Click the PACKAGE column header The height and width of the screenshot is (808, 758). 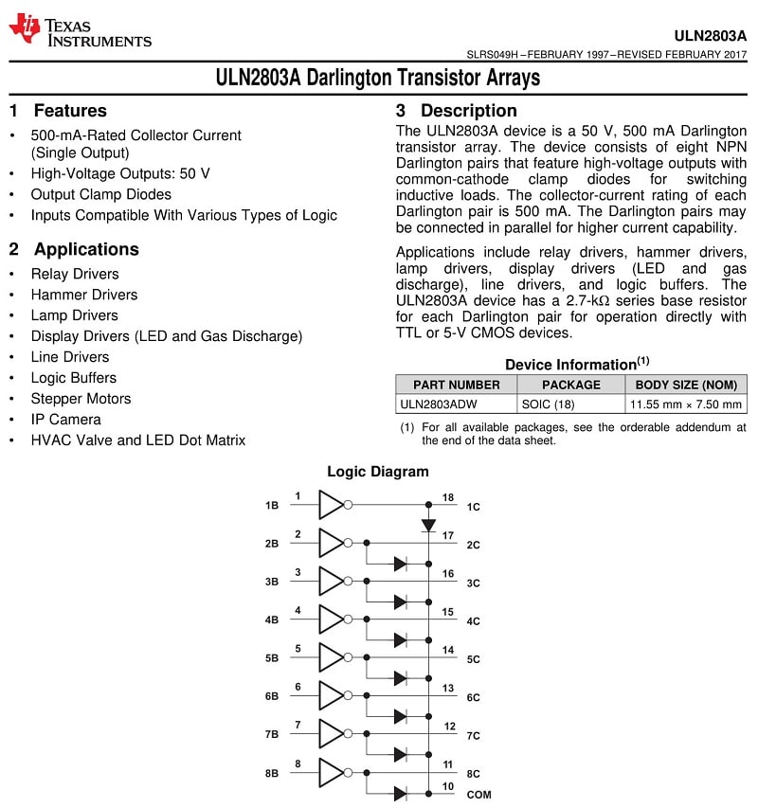click(570, 385)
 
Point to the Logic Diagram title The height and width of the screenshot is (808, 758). click(377, 472)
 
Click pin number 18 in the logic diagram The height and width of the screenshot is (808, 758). click(448, 497)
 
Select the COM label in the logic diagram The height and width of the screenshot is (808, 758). click(478, 795)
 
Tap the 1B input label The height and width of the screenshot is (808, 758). click(272, 506)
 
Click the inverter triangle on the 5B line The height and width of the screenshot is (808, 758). click(332, 657)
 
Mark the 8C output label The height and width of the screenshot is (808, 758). click(474, 773)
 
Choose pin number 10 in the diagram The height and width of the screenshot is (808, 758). click(448, 786)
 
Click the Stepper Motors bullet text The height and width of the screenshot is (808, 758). click(81, 399)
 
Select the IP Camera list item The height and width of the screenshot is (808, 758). click(65, 420)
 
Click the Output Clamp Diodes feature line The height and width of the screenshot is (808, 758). click(100, 195)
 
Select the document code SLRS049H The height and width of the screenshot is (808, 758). click(494, 55)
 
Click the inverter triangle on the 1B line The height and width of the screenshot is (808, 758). click(332, 505)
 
